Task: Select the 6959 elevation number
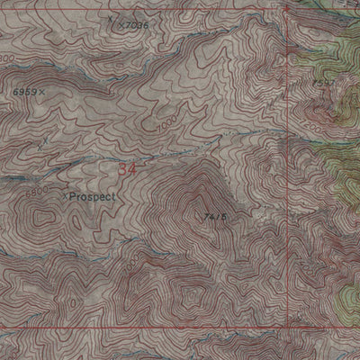coord(24,93)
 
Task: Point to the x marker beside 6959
coord(41,93)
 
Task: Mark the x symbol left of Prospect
coord(66,193)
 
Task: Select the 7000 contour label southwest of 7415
coord(132,267)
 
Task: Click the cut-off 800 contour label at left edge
coord(7,58)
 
